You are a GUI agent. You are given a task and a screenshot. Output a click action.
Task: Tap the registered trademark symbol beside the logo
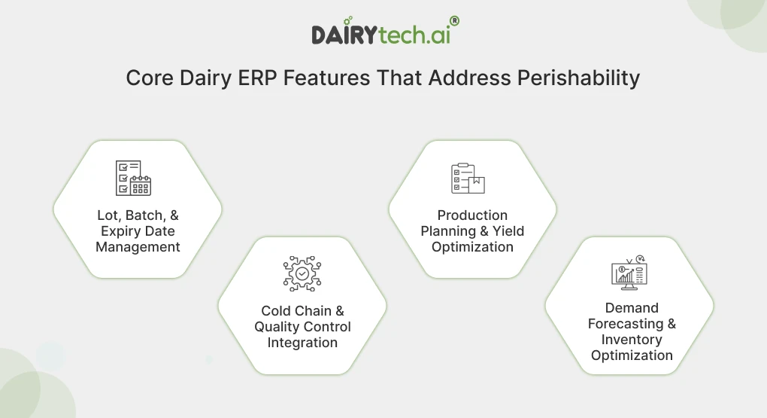[453, 22]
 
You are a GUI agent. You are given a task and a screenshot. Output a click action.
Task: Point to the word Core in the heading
[150, 78]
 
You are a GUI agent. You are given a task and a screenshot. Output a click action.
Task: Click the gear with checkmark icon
[302, 273]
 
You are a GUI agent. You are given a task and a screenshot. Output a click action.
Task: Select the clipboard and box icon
[468, 178]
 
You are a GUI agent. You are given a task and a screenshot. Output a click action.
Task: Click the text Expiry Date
[138, 231]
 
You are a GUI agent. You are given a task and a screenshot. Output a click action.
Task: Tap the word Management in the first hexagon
[138, 247]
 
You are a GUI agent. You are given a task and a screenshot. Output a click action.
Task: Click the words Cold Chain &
[302, 311]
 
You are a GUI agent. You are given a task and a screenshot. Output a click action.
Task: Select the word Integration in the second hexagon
[302, 343]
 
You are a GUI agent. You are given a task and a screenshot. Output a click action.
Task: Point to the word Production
[472, 215]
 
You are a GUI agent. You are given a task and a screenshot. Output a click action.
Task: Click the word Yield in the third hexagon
[508, 231]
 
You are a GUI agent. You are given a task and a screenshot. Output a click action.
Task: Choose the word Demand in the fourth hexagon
[632, 308]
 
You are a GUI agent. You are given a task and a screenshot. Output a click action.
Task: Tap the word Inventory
[632, 340]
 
